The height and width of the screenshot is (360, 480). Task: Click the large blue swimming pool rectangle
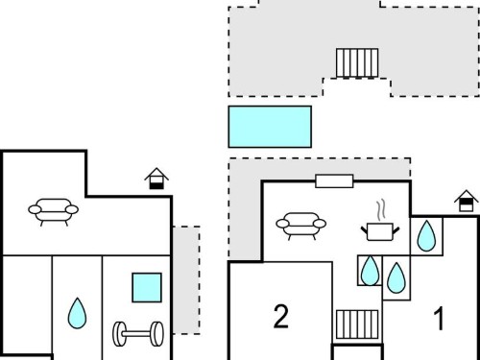(x=270, y=127)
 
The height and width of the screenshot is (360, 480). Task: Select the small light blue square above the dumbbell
(x=147, y=287)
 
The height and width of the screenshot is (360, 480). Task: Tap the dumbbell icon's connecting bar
(x=138, y=334)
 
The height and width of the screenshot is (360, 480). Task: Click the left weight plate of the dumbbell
(x=119, y=334)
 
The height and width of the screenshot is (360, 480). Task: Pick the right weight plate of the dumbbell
(x=156, y=334)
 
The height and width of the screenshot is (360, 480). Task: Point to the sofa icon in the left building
(x=53, y=212)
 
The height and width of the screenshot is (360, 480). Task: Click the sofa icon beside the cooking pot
(x=301, y=226)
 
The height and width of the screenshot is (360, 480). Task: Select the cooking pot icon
(x=380, y=231)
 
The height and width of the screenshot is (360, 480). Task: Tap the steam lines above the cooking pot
(x=380, y=210)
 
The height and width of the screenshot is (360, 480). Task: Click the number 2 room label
(x=281, y=317)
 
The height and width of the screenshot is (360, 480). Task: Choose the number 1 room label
(x=440, y=319)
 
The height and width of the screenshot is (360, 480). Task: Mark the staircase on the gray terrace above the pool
(x=357, y=63)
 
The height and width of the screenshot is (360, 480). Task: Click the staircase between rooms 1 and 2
(x=357, y=324)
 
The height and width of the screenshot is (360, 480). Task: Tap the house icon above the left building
(x=156, y=179)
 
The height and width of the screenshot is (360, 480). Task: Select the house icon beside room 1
(x=467, y=201)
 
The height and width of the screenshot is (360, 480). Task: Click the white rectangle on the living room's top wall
(x=334, y=181)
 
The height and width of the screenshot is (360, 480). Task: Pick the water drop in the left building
(x=77, y=313)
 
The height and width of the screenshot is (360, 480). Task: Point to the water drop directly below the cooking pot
(x=370, y=271)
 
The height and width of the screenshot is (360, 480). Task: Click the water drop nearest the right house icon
(x=426, y=236)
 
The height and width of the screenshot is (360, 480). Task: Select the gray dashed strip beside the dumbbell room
(x=186, y=280)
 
